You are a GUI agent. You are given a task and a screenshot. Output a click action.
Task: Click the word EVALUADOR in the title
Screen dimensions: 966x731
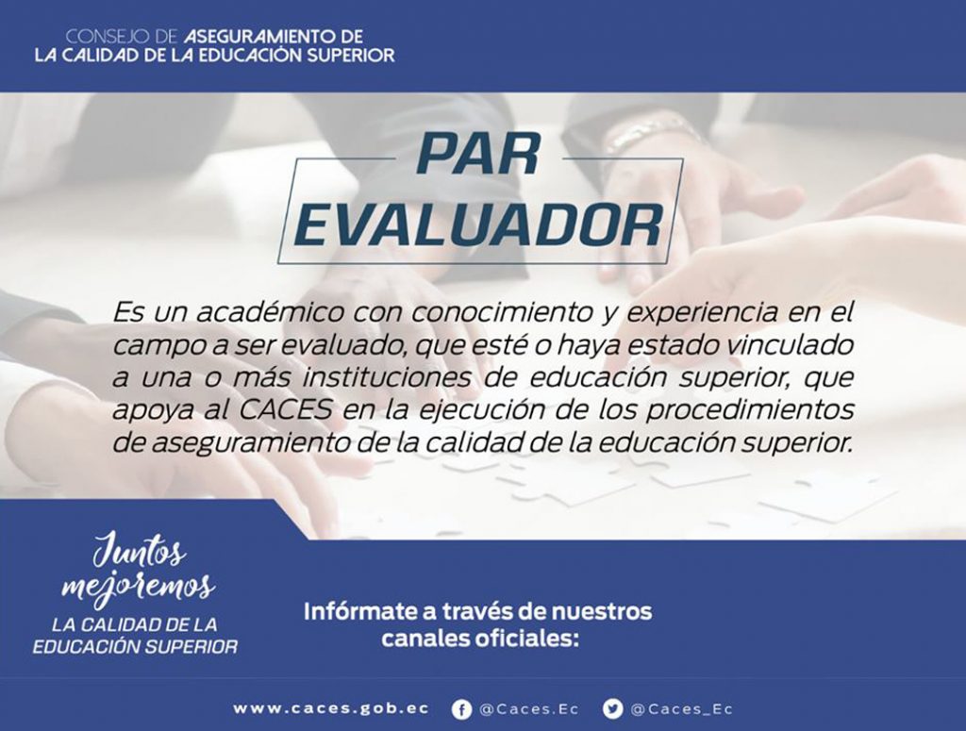point(478,224)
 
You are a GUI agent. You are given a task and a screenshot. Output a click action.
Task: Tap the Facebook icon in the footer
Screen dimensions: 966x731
point(461,709)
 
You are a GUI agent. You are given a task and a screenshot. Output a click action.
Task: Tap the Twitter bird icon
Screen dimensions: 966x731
point(612,709)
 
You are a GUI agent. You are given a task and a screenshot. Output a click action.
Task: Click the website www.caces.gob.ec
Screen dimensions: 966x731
point(331,708)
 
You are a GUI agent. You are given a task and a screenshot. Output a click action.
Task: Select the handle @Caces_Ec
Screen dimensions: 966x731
point(682,709)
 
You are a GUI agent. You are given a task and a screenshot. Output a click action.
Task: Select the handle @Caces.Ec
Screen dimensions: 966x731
point(529,709)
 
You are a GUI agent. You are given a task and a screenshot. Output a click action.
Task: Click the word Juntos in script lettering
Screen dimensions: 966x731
point(140,550)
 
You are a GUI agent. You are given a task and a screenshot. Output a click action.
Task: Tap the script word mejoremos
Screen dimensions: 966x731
point(138,587)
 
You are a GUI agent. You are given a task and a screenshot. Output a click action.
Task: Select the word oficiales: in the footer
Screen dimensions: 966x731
point(526,639)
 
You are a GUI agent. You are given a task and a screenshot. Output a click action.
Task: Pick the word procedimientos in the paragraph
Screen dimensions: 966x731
point(750,411)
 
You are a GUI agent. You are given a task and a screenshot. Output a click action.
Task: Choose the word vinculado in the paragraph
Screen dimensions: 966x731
point(791,345)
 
